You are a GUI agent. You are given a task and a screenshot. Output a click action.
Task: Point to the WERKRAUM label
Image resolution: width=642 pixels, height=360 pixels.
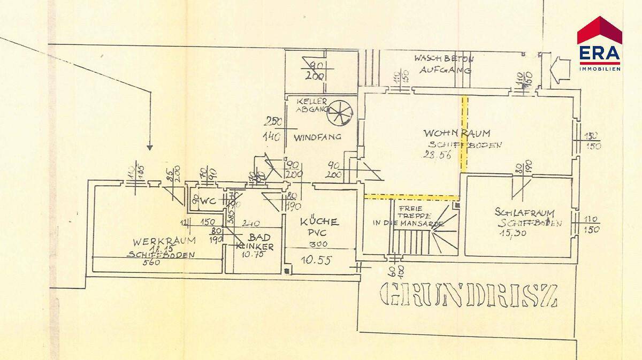tap(157, 240)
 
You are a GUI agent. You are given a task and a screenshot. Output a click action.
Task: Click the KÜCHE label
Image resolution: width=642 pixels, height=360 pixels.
tap(318, 221)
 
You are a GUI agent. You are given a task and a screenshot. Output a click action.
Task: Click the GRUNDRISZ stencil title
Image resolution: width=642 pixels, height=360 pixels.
tap(468, 295)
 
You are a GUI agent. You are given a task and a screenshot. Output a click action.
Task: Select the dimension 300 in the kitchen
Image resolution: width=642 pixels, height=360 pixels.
tap(319, 244)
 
